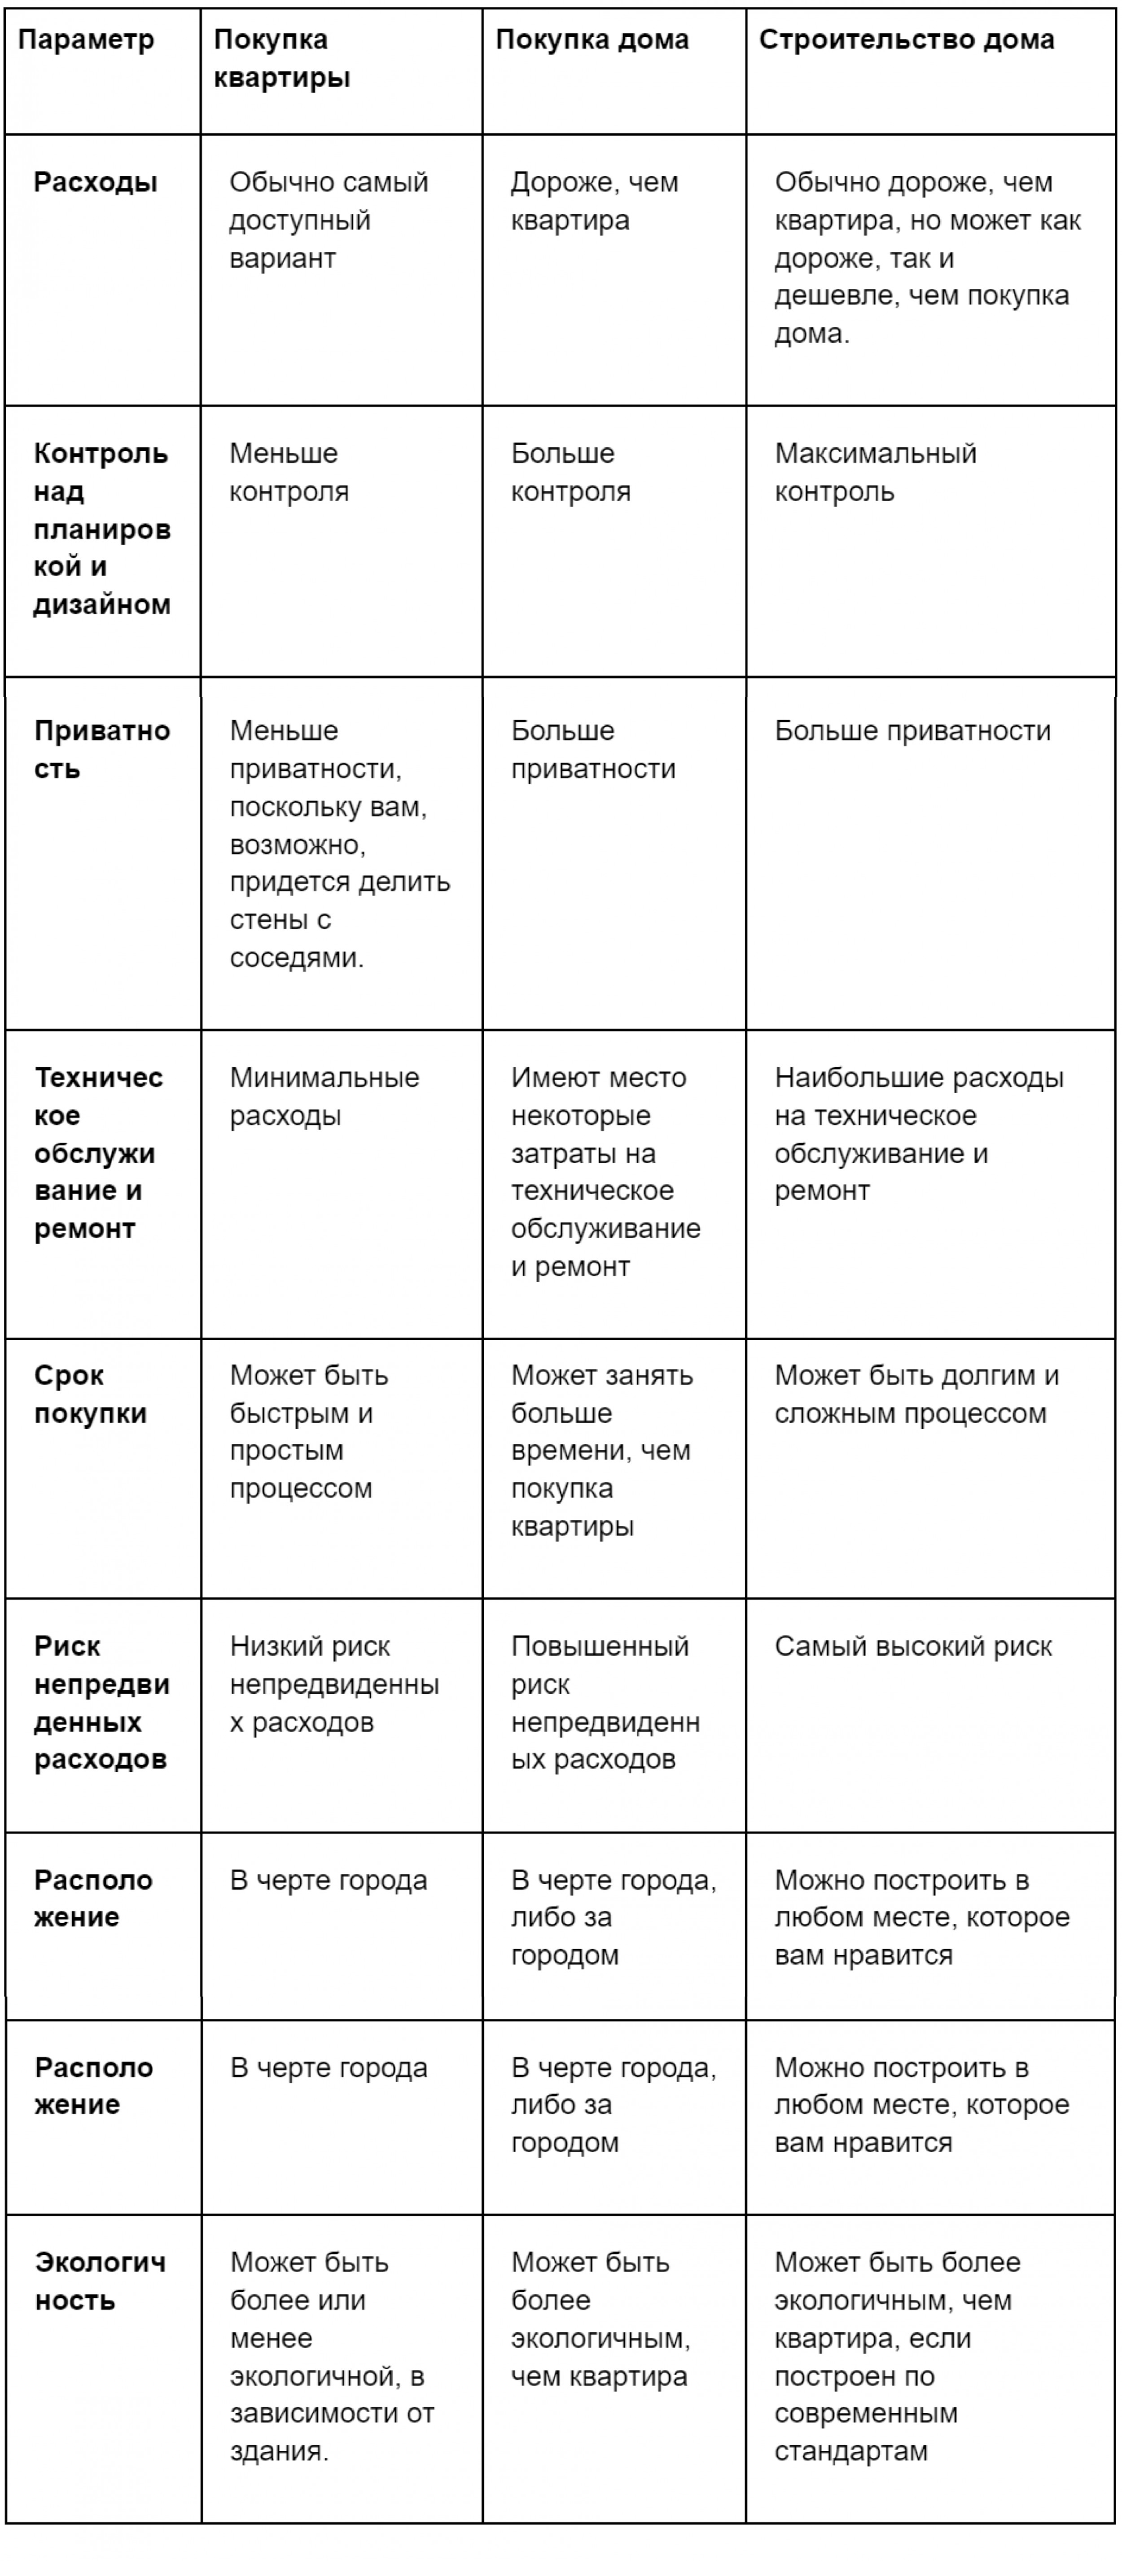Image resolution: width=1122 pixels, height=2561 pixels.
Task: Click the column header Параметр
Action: [x=87, y=41]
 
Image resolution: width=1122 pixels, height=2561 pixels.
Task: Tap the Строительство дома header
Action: [x=906, y=41]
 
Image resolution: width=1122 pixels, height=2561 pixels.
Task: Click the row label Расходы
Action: [x=96, y=183]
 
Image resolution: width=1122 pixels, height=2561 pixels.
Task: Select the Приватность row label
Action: [x=101, y=750]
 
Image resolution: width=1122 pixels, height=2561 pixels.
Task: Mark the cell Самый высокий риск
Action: [x=912, y=1647]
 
